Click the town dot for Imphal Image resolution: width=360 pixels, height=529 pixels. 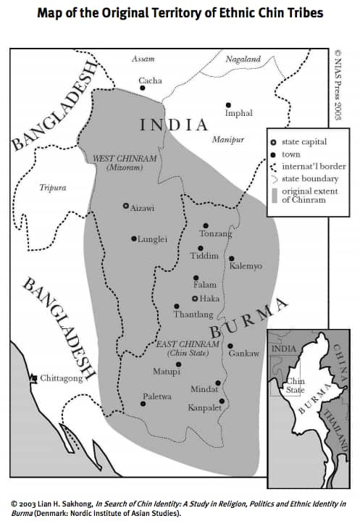pos(229,105)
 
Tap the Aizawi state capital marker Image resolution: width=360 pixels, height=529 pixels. pos(126,206)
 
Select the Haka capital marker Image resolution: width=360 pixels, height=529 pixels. pos(194,299)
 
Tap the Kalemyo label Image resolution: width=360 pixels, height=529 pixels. pos(246,266)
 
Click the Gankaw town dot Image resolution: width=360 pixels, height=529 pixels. pos(230,345)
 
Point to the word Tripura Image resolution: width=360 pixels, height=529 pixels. pos(52,188)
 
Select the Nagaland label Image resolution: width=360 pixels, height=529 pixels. pos(243,59)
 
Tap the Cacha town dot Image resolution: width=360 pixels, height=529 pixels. pos(143,88)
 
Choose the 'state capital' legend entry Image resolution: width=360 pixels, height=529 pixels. pos(304,141)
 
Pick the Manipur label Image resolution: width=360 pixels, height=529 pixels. pos(228,139)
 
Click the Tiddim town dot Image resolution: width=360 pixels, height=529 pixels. pos(201,248)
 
